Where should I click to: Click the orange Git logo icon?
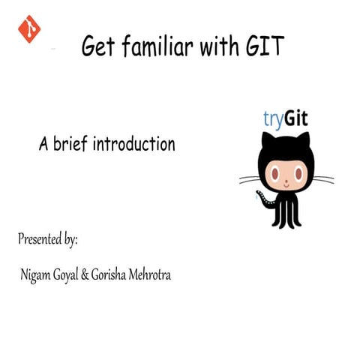pyautogui.click(x=29, y=28)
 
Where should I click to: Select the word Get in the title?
pyautogui.click(x=96, y=48)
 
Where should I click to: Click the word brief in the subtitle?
pyautogui.click(x=70, y=143)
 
